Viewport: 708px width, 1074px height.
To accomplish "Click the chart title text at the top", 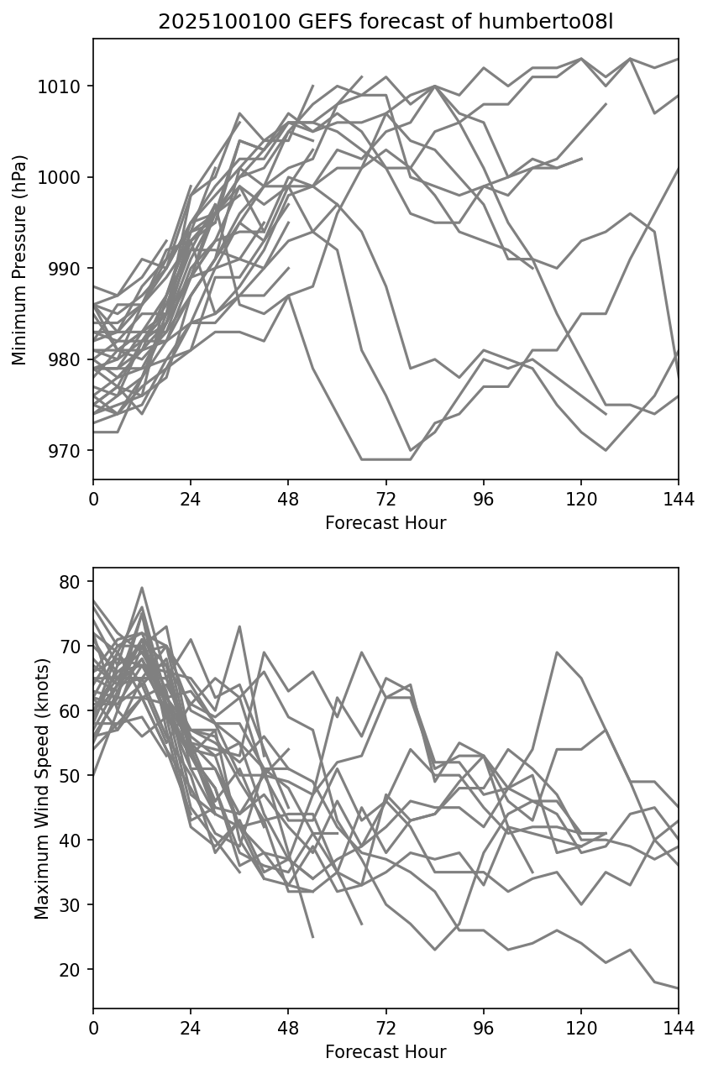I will point(385,22).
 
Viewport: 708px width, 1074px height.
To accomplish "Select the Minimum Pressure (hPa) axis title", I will point(19,259).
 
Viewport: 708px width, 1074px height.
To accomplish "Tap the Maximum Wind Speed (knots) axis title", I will point(42,788).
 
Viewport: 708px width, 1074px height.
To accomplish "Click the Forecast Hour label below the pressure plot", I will point(385,523).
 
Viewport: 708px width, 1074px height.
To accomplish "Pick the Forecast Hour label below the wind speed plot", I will point(385,1052).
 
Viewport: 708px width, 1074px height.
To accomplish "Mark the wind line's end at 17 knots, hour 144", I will point(677,988).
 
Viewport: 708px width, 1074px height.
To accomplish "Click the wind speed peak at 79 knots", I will point(142,588).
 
